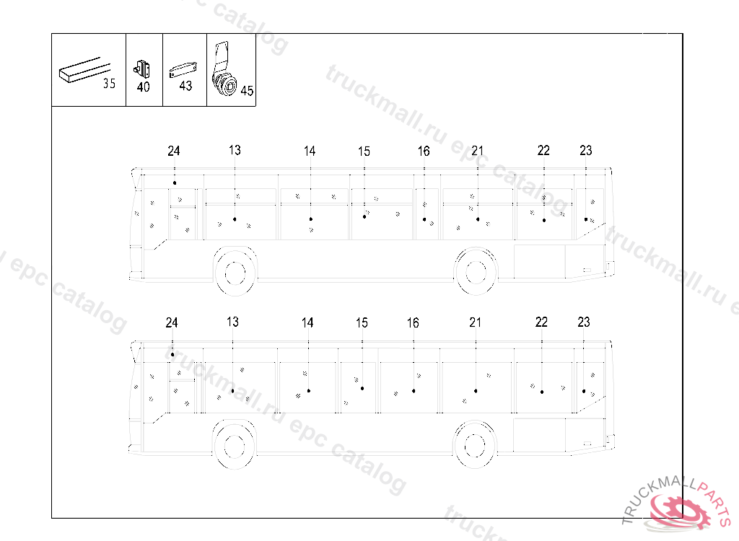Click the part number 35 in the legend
110,84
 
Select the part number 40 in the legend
144,87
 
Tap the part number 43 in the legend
185,86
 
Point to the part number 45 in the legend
247,90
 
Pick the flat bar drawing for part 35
85,71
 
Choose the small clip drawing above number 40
142,70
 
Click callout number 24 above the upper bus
174,151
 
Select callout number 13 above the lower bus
233,322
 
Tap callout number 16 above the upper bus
424,151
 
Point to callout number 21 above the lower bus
475,322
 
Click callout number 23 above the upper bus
586,150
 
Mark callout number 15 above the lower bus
362,323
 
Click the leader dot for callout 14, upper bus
310,219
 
